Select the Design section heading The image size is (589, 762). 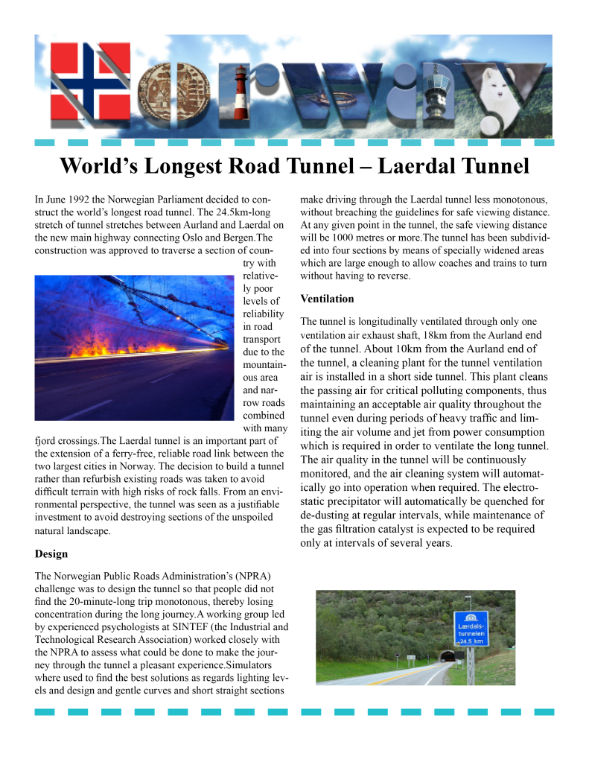point(51,554)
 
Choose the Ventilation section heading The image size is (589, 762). point(327,299)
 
